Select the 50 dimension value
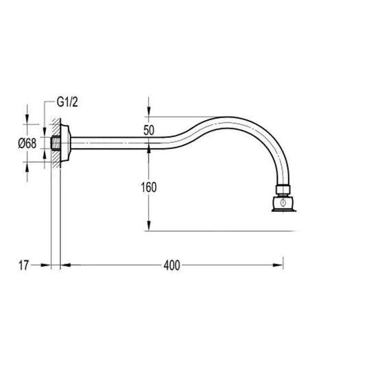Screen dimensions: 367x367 [x=148, y=128]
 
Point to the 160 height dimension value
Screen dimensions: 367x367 [x=148, y=187]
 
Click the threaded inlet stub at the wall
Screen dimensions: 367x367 [x=55, y=143]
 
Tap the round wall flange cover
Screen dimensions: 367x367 [x=64, y=142]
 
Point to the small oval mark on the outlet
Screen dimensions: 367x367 [x=282, y=202]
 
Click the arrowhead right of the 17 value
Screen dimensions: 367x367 [x=48, y=264]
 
